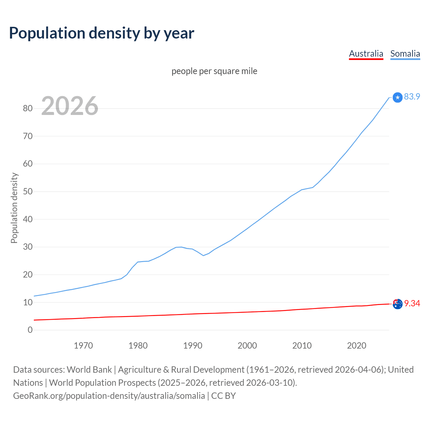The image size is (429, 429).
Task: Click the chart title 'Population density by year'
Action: click(102, 33)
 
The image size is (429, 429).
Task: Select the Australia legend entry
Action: click(366, 54)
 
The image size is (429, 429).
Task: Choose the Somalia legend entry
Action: click(405, 54)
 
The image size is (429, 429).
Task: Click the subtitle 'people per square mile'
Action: click(214, 71)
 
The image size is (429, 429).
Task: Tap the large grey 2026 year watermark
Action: click(70, 106)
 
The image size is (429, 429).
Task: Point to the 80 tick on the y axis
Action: click(27, 108)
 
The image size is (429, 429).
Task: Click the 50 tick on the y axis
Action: click(27, 191)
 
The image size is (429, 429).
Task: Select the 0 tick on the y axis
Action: click(30, 330)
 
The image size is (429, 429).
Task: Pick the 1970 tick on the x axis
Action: click(83, 346)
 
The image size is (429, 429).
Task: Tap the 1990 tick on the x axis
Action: click(193, 346)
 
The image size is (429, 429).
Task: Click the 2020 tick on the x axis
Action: click(357, 346)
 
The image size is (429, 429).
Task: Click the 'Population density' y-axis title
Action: click(14, 208)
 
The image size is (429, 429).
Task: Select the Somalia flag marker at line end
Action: click(397, 98)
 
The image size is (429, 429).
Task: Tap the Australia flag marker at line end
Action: click(397, 304)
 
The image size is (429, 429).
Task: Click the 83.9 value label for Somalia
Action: click(412, 97)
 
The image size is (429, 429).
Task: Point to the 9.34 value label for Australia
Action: click(412, 303)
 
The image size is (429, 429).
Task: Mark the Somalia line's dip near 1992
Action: click(203, 255)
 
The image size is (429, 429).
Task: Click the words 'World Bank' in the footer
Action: click(89, 370)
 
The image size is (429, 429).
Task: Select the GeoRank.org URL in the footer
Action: click(109, 396)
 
